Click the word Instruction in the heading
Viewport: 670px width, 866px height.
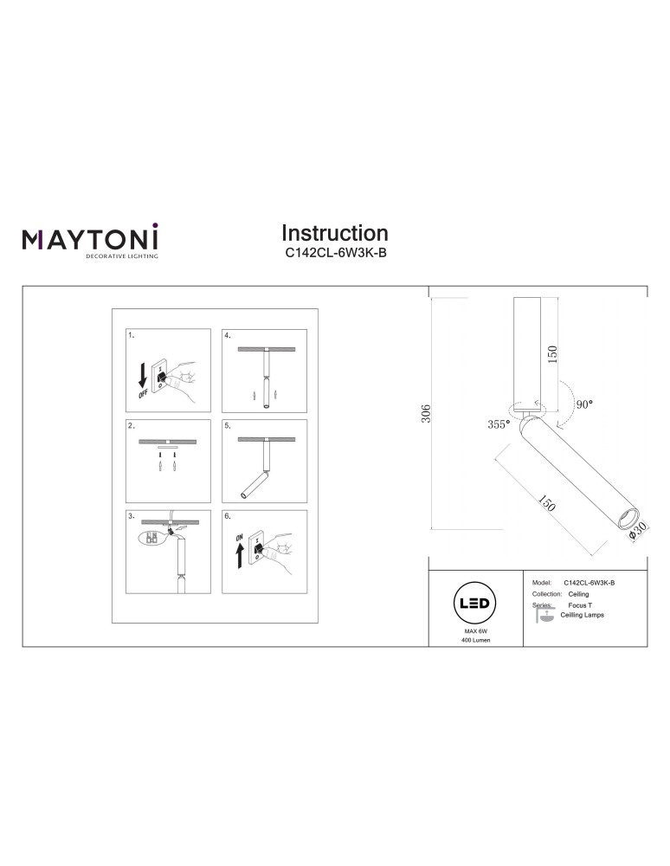(335, 233)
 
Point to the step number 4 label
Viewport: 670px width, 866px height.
(228, 334)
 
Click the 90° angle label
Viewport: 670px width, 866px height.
(584, 404)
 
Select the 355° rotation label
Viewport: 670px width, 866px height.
(498, 424)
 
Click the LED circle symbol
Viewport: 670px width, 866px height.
(476, 604)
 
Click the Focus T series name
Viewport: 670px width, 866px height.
(580, 604)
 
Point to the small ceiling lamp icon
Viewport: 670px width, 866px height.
(545, 617)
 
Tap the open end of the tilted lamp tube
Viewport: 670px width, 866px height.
(622, 519)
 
